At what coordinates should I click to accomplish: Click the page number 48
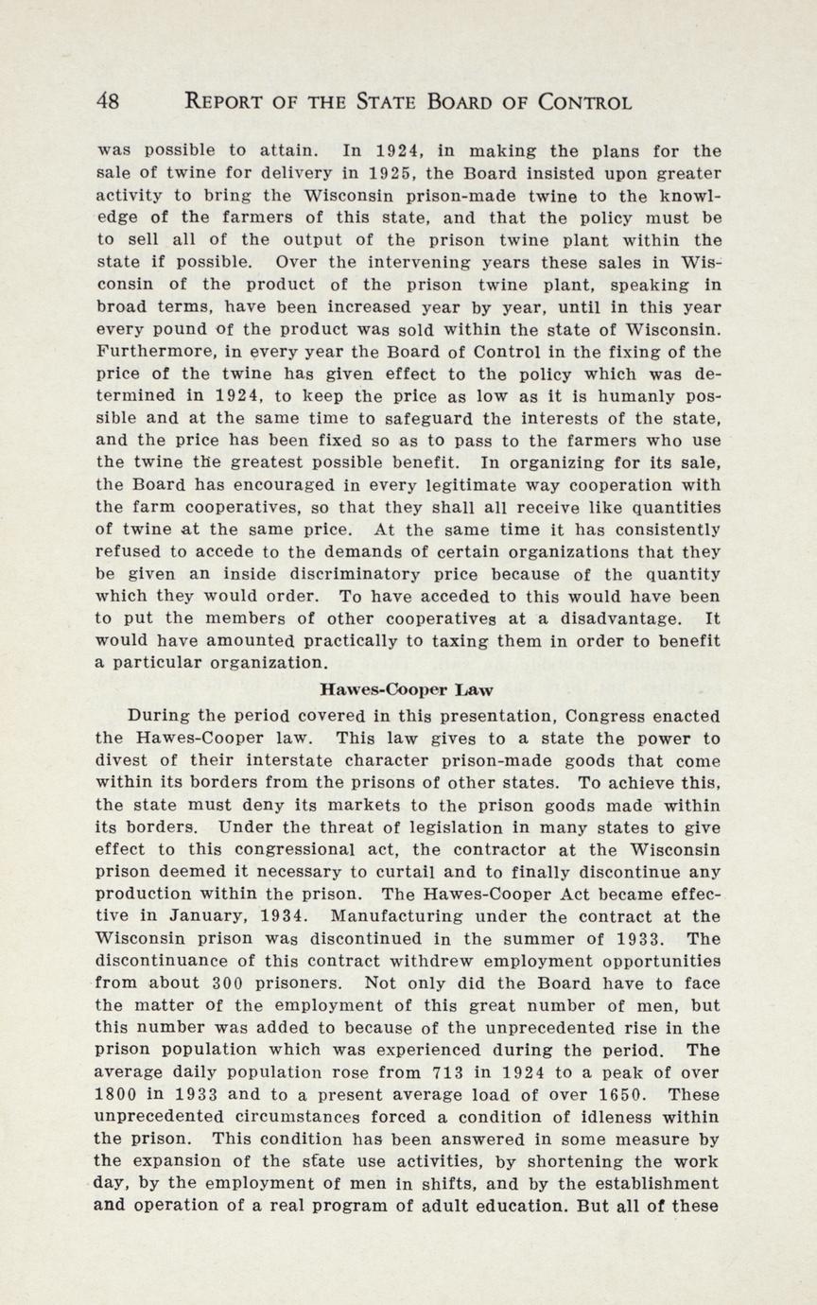point(107,102)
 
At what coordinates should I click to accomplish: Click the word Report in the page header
point(231,102)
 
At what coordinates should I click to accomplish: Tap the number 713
point(445,1073)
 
